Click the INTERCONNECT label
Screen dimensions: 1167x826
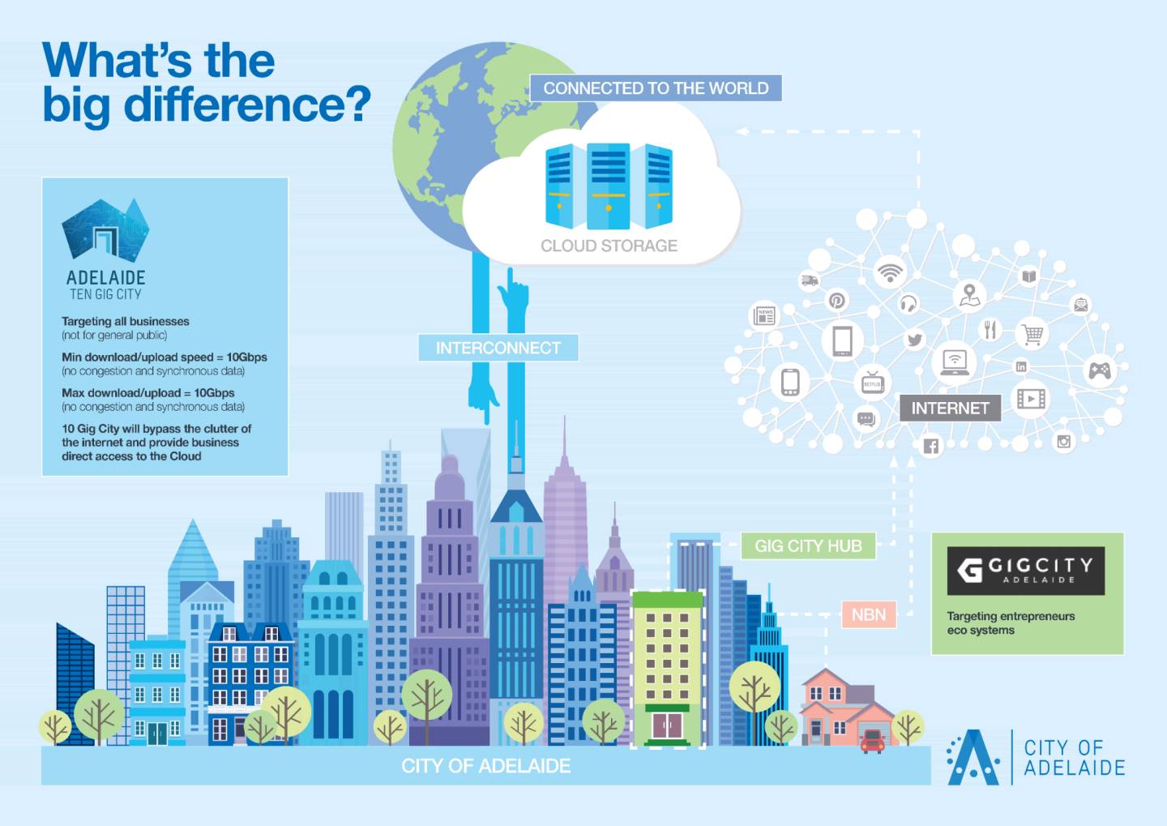point(498,348)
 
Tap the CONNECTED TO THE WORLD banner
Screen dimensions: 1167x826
point(656,88)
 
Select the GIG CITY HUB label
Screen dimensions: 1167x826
point(808,546)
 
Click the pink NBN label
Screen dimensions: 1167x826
point(869,615)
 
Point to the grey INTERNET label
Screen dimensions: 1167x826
point(951,408)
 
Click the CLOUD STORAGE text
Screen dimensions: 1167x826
point(609,246)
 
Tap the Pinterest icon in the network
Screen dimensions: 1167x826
point(836,301)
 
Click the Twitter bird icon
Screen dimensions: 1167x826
point(914,340)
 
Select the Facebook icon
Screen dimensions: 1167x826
point(931,446)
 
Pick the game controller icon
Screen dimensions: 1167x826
point(1099,370)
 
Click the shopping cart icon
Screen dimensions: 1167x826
point(1032,333)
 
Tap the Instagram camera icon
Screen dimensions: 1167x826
point(1063,442)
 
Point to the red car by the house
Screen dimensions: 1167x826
point(873,741)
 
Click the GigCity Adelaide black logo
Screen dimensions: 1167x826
point(1025,571)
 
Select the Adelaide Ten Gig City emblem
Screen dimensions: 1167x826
point(105,229)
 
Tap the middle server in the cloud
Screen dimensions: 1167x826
point(609,186)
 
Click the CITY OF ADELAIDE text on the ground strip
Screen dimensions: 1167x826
point(485,765)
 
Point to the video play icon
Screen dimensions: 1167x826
point(1031,399)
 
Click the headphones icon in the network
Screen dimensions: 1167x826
point(908,303)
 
